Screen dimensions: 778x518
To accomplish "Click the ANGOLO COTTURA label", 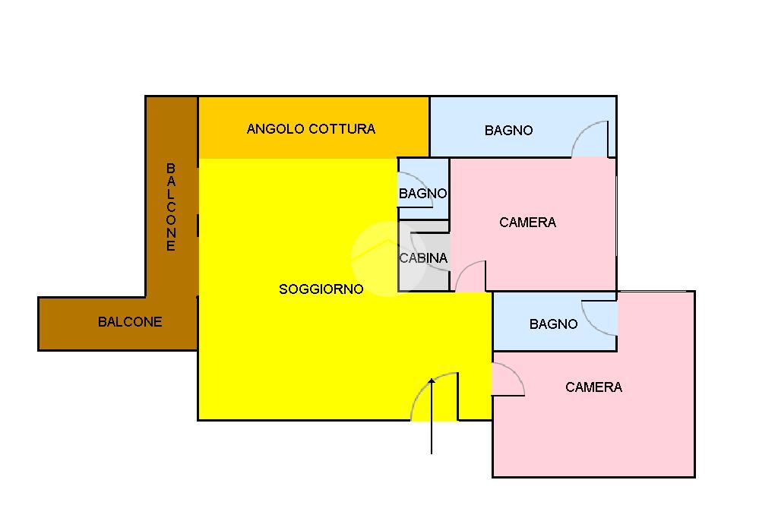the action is click(x=311, y=129).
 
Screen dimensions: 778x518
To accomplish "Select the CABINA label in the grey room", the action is click(x=423, y=258).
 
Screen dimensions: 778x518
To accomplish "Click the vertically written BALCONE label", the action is click(x=171, y=207).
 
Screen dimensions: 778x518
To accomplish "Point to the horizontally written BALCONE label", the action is click(x=130, y=322).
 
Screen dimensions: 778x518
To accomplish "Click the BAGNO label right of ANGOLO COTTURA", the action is click(x=508, y=131).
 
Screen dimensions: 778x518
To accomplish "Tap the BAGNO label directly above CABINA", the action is click(x=422, y=194).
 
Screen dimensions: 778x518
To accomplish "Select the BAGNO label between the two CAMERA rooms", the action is click(x=553, y=324).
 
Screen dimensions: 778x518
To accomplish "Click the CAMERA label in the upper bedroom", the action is click(x=527, y=223).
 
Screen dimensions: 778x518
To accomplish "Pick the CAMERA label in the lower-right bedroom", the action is click(x=593, y=387).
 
